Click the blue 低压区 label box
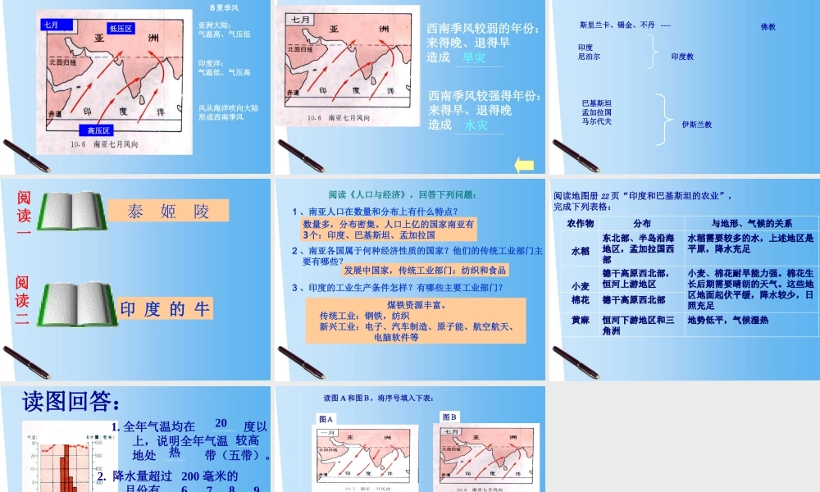121,29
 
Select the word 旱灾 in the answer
475,57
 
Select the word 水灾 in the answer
476,125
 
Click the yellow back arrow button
524,166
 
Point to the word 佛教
768,27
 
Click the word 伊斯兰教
697,125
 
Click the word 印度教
682,57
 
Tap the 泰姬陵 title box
169,212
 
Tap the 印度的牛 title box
165,309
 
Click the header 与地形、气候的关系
750,223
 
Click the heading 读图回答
73,402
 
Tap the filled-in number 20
221,423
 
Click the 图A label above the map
326,418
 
